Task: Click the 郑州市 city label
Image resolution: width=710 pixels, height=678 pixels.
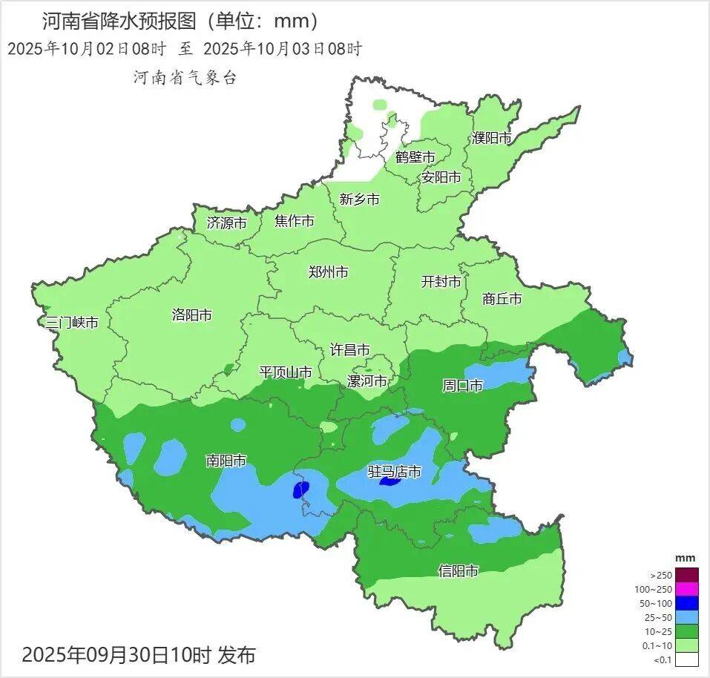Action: [x=328, y=272]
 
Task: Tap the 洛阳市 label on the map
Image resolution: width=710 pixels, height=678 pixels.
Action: [x=191, y=315]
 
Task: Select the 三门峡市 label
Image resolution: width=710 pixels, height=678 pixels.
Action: [x=72, y=323]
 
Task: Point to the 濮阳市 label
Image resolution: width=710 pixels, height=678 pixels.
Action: [x=492, y=138]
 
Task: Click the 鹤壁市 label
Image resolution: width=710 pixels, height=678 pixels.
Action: [x=415, y=157]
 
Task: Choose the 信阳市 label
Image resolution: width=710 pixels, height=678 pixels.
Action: [x=458, y=570]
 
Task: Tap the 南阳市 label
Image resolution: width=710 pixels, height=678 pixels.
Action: [x=226, y=461]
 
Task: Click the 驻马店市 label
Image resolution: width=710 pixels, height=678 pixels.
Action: [x=395, y=471]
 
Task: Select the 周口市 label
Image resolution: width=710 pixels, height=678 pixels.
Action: [x=462, y=385]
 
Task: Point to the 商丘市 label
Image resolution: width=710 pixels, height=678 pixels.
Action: [x=502, y=299]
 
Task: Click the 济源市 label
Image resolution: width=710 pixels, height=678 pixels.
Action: [x=226, y=222]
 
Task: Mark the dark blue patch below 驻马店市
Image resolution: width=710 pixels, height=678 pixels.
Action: [x=389, y=482]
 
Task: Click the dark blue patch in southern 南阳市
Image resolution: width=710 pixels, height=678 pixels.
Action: [x=301, y=489]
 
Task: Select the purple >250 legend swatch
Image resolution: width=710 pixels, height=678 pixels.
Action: [x=687, y=575]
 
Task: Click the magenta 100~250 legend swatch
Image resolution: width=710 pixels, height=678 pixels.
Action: [x=687, y=589]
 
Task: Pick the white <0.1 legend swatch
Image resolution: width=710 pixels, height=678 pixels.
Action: [x=687, y=659]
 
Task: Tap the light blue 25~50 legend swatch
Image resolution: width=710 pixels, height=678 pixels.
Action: [x=687, y=617]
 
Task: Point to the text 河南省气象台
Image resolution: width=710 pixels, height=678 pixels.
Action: [x=185, y=77]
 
